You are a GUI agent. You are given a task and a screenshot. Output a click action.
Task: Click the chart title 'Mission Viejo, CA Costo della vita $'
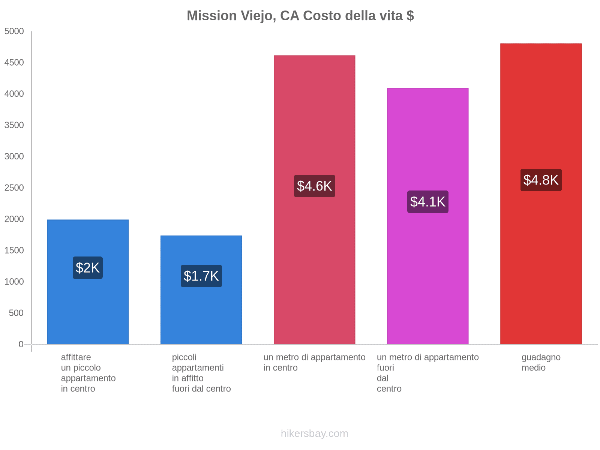(x=300, y=16)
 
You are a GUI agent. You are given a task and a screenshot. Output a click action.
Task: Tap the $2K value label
(x=88, y=268)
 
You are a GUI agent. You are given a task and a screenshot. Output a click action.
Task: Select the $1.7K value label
(x=201, y=276)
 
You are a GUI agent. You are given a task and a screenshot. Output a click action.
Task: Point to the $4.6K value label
(x=314, y=186)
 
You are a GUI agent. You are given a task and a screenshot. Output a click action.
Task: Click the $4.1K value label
(x=427, y=202)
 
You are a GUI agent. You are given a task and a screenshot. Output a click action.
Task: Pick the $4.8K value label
(x=541, y=180)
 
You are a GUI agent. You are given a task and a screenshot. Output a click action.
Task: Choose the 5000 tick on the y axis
(x=14, y=31)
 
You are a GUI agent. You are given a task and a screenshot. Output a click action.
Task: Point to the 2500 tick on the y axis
(x=14, y=188)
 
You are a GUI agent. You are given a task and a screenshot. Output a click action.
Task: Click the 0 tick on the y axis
(x=21, y=344)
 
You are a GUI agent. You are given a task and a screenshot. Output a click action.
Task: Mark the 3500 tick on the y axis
(x=14, y=125)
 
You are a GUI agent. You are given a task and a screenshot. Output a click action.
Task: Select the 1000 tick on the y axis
(x=14, y=282)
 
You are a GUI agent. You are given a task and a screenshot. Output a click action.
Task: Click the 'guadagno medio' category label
(x=541, y=362)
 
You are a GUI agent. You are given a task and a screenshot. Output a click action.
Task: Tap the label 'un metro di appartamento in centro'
(x=314, y=362)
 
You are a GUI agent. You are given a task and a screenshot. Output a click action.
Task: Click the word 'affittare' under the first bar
(x=76, y=357)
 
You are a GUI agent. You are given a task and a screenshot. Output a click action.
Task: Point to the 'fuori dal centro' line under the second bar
(x=201, y=389)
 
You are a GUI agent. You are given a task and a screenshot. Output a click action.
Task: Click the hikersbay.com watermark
(x=314, y=433)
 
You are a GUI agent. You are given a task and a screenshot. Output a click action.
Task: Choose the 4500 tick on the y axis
(x=14, y=63)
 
